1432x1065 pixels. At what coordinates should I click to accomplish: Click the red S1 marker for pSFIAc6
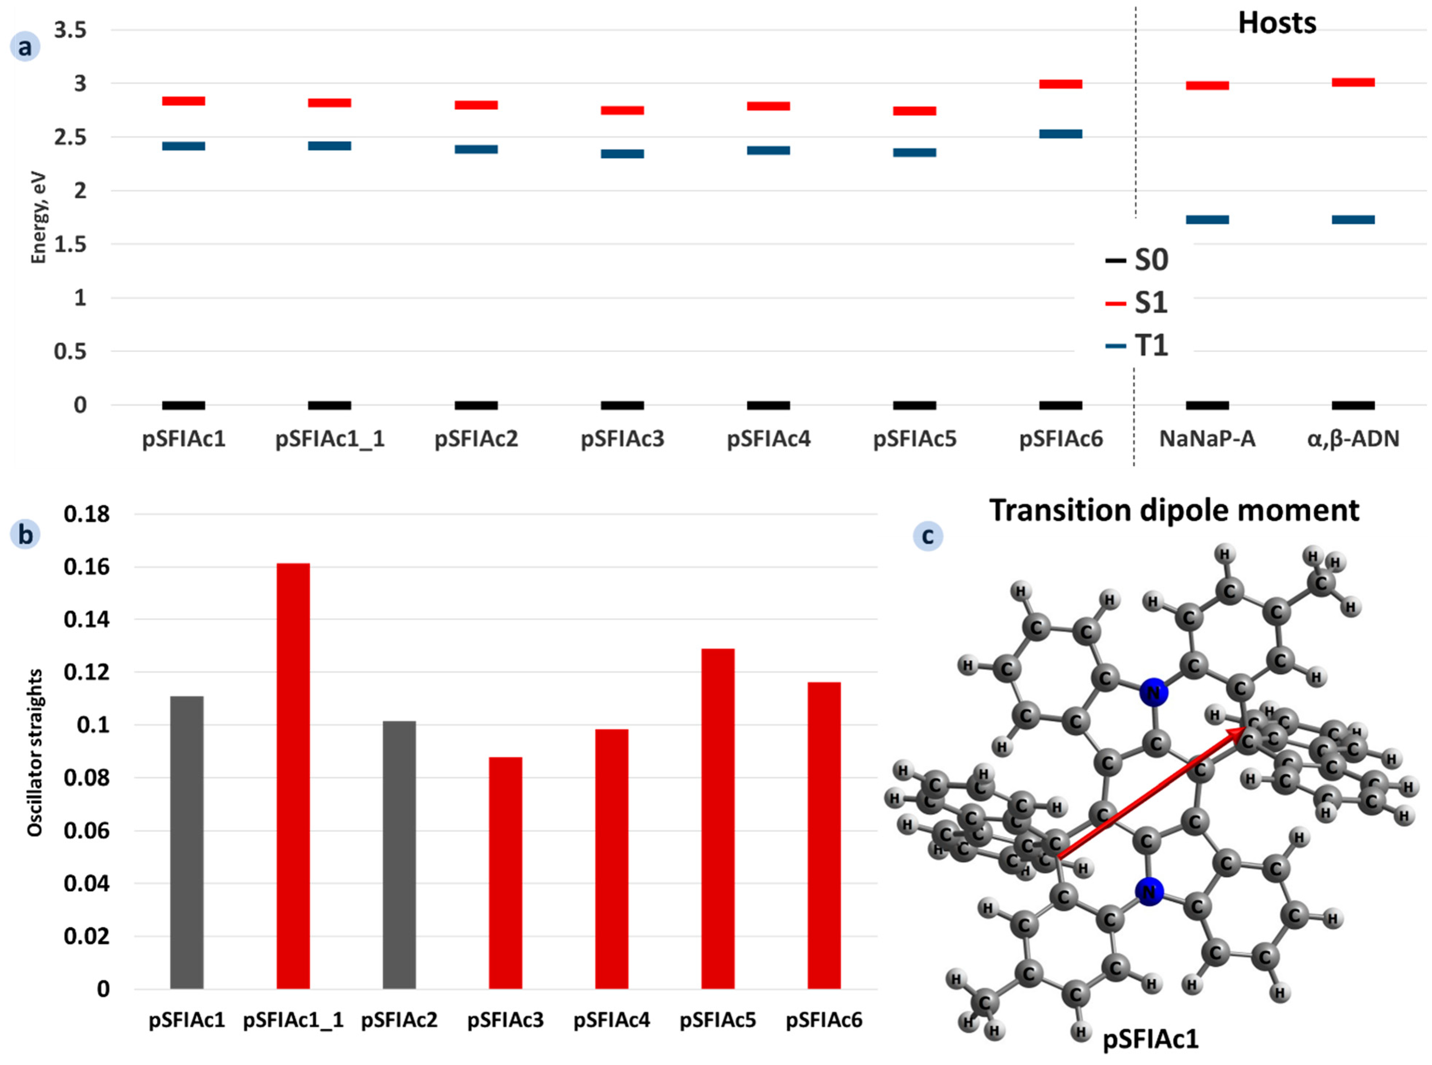click(x=1060, y=84)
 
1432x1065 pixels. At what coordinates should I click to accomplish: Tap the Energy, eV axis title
click(x=39, y=217)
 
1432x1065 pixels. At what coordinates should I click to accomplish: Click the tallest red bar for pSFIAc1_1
click(x=293, y=774)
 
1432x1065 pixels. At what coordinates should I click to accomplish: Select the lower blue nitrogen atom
click(x=1149, y=892)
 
